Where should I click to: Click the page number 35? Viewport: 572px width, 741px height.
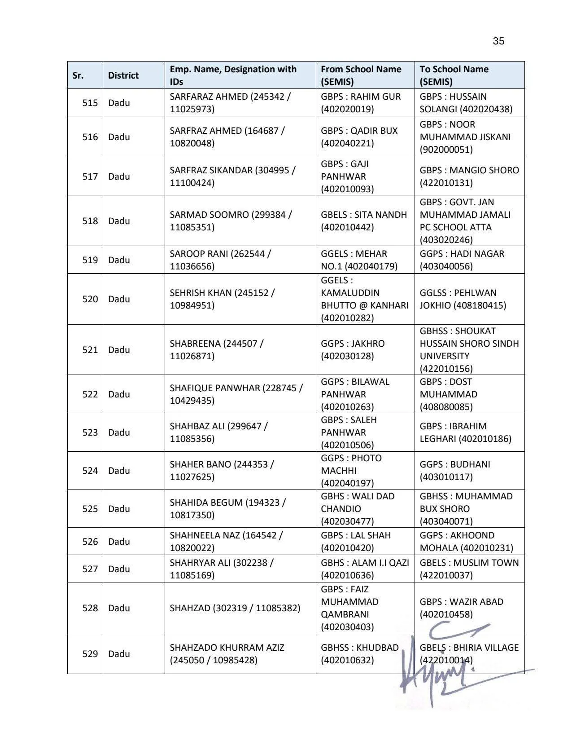tap(498, 41)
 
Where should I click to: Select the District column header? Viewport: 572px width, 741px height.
tap(123, 75)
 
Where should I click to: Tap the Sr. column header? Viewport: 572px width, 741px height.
tap(78, 75)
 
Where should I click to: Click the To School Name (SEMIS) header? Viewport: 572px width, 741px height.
tap(454, 75)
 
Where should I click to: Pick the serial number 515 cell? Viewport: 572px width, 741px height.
tap(90, 103)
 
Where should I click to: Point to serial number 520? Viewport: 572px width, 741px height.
tap(90, 299)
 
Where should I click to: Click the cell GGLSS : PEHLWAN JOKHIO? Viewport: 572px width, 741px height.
tap(463, 299)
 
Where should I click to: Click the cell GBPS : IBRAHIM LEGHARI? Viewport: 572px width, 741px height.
tap(465, 432)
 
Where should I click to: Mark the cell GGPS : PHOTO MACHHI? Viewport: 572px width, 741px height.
tap(351, 471)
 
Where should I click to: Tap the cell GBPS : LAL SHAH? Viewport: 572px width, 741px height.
tap(356, 542)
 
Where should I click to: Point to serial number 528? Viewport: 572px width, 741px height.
tap(90, 608)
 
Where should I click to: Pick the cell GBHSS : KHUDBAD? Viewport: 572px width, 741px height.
tap(359, 654)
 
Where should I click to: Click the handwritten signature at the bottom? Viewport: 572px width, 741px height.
tap(449, 669)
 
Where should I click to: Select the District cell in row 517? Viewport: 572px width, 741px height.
tap(119, 176)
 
